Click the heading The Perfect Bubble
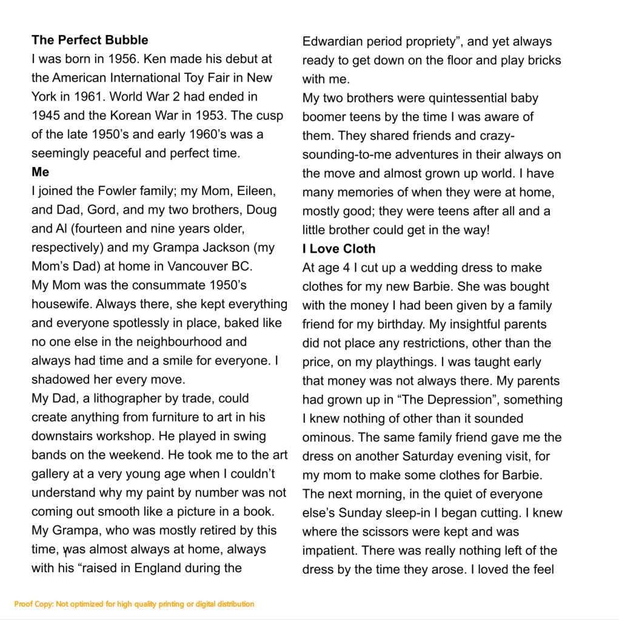coord(90,41)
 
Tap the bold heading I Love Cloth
coord(339,249)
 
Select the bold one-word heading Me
coord(41,172)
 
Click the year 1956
coord(122,59)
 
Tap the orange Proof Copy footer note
coord(134,604)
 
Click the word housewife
coord(61,304)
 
